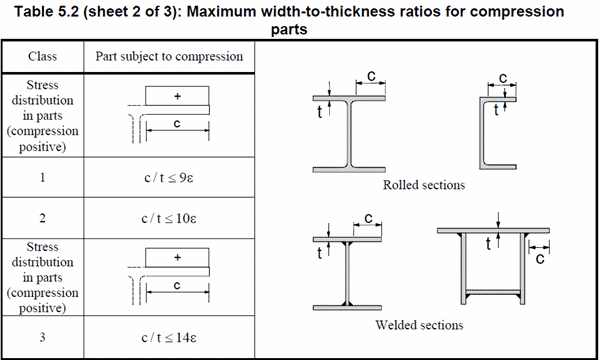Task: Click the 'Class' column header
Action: point(42,56)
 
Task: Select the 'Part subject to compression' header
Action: point(169,56)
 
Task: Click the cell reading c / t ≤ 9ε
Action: point(169,178)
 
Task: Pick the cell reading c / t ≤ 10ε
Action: point(169,218)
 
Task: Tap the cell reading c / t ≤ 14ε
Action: point(169,337)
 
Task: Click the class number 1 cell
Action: point(42,177)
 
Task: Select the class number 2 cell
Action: point(42,218)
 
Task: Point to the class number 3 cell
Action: point(42,337)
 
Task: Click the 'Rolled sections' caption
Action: point(424,185)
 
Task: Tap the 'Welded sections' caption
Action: point(419,325)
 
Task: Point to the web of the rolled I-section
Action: point(349,134)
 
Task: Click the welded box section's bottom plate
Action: point(493,292)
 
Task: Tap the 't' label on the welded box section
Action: point(488,244)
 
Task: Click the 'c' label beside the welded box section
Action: point(540,259)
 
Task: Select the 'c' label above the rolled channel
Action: point(503,78)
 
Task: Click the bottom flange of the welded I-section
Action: point(347,307)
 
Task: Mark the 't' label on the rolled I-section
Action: point(319,112)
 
